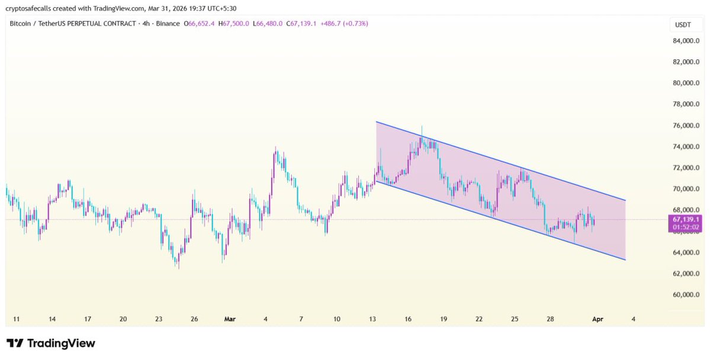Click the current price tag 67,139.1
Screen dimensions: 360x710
pos(683,219)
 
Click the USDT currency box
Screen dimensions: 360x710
pos(679,25)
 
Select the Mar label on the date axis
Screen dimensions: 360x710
pos(230,319)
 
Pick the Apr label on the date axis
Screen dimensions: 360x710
pos(597,319)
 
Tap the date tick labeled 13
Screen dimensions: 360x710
pos(372,319)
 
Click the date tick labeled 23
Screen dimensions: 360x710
pos(159,319)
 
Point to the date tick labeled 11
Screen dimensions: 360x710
pos(17,319)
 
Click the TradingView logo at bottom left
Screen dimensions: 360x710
pos(51,343)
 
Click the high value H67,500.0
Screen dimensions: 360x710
pos(233,24)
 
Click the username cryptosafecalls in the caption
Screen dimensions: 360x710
pos(33,7)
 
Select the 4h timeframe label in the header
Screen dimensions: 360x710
pos(146,24)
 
